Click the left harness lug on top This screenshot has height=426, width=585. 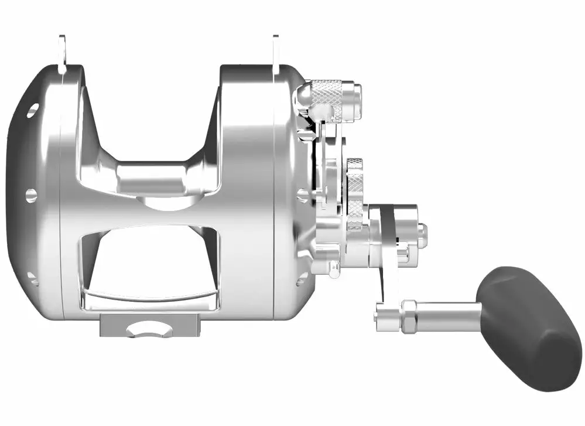(x=63, y=53)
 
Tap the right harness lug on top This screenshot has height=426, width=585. (x=276, y=53)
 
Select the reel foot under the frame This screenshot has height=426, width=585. (x=149, y=325)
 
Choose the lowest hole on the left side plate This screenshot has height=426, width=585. (x=33, y=278)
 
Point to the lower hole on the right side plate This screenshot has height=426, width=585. (x=301, y=278)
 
